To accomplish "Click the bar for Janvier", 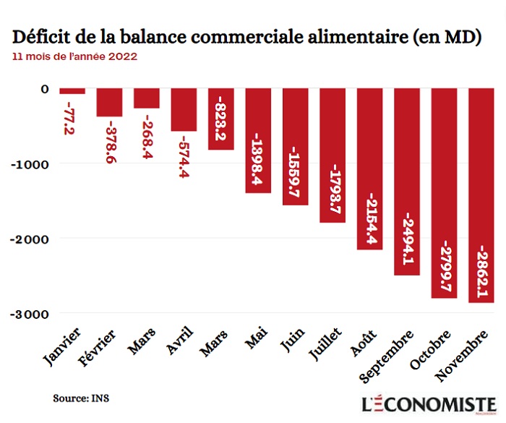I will pos(72,92).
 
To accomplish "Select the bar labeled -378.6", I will pos(109,103).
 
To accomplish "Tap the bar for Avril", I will pos(184,110).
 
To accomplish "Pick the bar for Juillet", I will pos(333,155).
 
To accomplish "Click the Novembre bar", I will pos(481,195).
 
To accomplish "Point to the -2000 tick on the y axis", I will pos(30,239).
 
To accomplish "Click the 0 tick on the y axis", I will pos(45,89).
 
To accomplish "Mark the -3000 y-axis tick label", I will pos(30,313).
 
